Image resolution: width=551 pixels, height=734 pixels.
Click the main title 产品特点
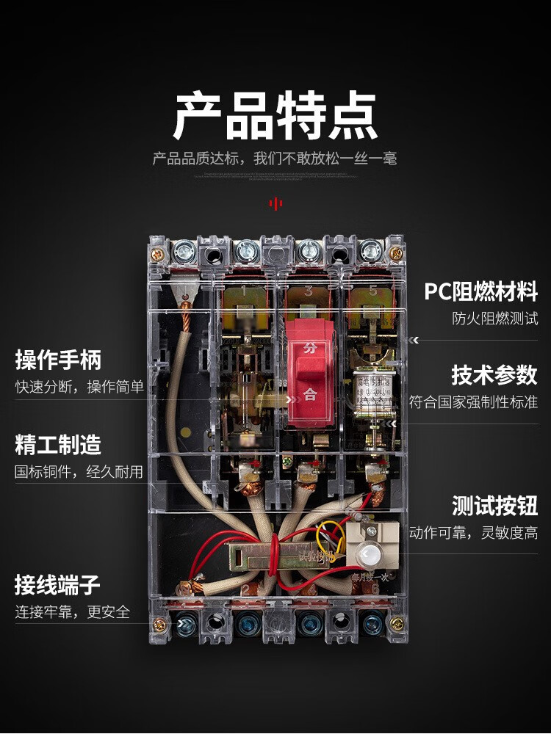[275, 116]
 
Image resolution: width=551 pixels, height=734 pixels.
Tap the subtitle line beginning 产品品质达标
[275, 159]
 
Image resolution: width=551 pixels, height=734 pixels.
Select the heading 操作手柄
[58, 360]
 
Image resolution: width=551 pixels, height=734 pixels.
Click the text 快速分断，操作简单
[79, 387]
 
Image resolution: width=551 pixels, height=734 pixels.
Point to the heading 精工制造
[58, 445]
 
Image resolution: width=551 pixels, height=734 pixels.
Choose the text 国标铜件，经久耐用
[79, 471]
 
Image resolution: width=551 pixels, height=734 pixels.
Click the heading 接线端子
[58, 585]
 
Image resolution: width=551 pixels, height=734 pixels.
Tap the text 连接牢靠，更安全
[73, 611]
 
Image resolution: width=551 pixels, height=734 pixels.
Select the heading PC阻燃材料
[481, 292]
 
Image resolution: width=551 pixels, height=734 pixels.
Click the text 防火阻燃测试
[495, 319]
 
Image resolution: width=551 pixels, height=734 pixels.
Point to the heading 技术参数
[494, 375]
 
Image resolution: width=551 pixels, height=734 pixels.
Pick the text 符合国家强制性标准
[474, 401]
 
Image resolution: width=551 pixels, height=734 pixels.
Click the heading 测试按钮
[494, 506]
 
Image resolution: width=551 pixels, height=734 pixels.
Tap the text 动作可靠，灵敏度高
[474, 533]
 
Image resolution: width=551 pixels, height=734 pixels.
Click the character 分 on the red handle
[310, 349]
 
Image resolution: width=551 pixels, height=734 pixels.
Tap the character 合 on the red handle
[310, 394]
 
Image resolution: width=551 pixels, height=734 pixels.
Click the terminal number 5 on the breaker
[372, 291]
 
